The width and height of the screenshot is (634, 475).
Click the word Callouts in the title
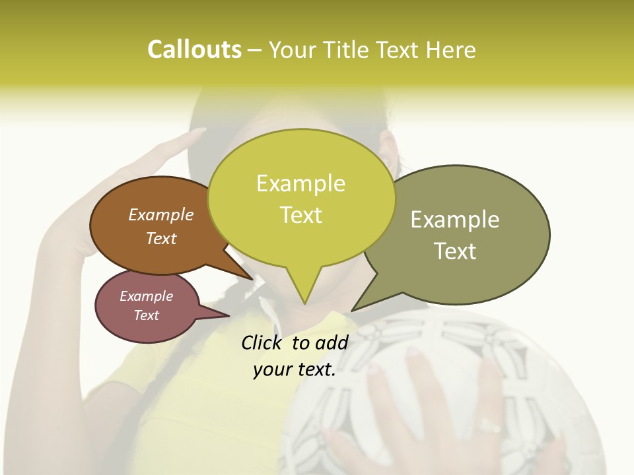(194, 49)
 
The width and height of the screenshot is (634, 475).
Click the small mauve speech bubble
(147, 306)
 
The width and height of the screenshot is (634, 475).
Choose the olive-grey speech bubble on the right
(462, 234)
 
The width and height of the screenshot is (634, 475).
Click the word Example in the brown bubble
(160, 214)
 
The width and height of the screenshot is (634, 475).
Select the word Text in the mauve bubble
(146, 315)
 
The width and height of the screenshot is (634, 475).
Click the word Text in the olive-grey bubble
(455, 251)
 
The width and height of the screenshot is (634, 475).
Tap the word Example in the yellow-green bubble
(300, 183)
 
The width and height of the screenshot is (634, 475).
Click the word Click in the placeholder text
(262, 342)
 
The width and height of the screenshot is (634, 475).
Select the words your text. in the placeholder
(294, 370)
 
